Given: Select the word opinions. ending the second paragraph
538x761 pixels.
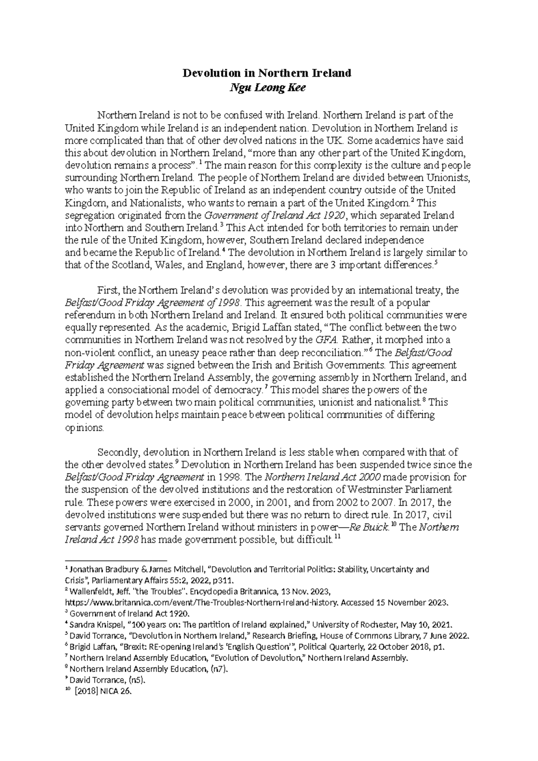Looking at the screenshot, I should (x=84, y=427).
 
